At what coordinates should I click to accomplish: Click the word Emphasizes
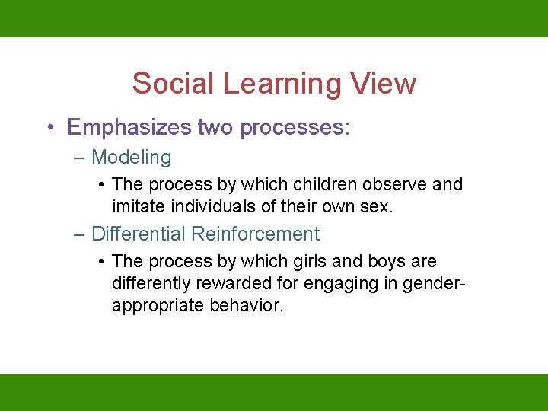pos(129,127)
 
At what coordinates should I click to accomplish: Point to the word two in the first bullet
pos(215,127)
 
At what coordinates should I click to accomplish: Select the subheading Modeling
pos(131,158)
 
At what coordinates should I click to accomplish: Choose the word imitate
pos(138,206)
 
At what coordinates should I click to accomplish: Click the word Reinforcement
pos(256,234)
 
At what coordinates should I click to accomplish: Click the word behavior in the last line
pos(246,305)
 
